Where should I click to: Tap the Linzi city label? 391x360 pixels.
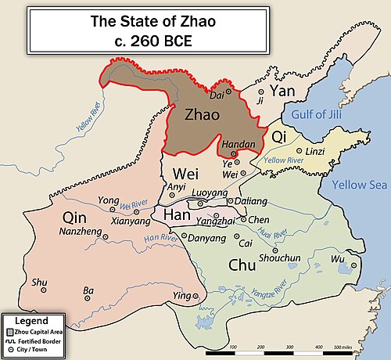tap(314, 151)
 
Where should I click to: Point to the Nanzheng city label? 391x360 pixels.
tap(80, 232)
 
